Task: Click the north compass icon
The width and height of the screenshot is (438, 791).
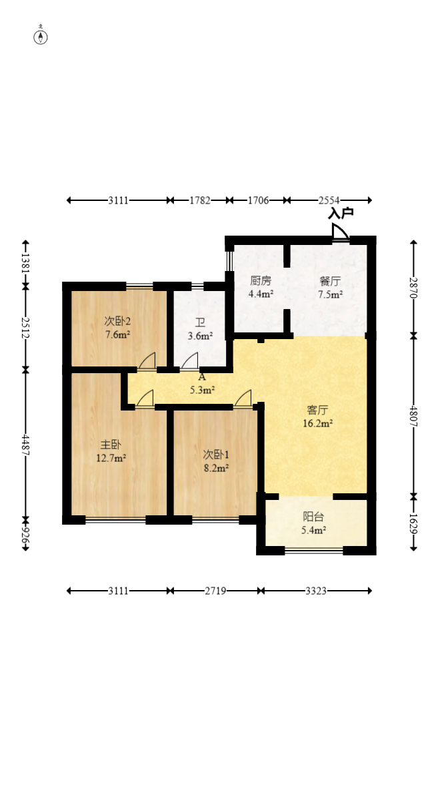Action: point(41,37)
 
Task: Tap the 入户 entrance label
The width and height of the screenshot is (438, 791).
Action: point(341,214)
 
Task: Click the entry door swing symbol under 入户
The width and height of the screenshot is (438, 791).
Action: point(339,232)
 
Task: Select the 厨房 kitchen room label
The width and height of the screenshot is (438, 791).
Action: point(261,281)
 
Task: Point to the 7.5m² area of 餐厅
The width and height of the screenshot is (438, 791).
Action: point(330,294)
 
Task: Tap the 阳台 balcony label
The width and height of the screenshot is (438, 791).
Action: point(313,517)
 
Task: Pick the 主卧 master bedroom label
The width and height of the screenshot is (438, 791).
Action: point(111,445)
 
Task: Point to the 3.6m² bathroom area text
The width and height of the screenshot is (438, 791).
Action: point(200,336)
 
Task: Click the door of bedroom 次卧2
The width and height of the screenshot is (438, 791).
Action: point(147,360)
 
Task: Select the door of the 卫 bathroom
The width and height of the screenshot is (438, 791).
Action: point(189,360)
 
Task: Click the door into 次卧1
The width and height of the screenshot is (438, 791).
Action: point(243,397)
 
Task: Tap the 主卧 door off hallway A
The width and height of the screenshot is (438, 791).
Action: point(145,397)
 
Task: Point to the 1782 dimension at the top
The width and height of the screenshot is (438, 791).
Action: point(199,200)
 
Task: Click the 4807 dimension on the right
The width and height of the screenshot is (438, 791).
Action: point(413,416)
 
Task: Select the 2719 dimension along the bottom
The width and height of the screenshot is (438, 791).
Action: point(215,591)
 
